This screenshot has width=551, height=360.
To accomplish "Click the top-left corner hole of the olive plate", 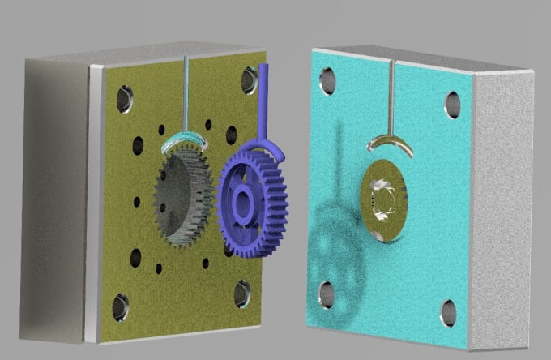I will [123, 99].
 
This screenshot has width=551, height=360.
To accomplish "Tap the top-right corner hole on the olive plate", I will [249, 79].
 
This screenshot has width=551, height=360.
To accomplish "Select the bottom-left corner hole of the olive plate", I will [120, 306].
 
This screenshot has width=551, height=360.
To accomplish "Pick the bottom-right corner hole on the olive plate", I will [242, 294].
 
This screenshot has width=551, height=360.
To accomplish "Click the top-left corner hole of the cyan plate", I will [327, 79].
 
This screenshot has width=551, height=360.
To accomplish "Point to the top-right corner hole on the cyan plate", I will [452, 104].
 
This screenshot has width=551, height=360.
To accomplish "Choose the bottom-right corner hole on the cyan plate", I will [449, 312].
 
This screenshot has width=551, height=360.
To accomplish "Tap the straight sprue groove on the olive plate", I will [186, 93].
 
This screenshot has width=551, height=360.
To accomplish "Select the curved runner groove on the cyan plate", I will [389, 144].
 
